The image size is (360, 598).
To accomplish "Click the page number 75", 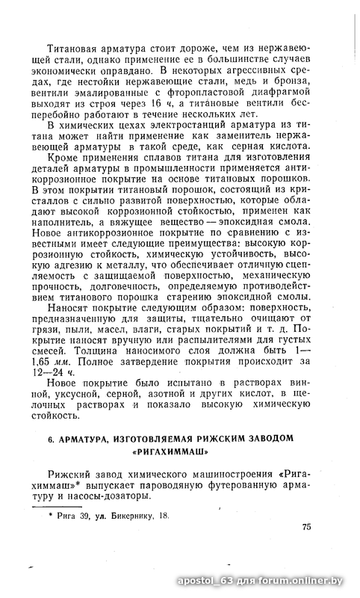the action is tap(305, 526).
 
